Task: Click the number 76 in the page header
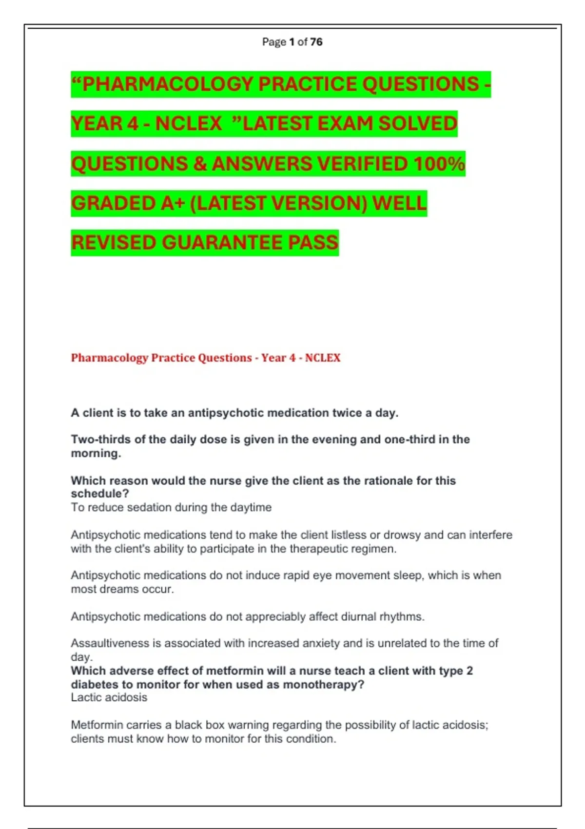point(316,42)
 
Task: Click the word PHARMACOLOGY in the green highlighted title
point(169,84)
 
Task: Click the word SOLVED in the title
point(418,123)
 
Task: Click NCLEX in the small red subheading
point(323,358)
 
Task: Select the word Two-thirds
point(101,439)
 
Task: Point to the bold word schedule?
point(100,493)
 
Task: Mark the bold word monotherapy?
point(323,685)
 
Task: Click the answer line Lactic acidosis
point(109,697)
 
